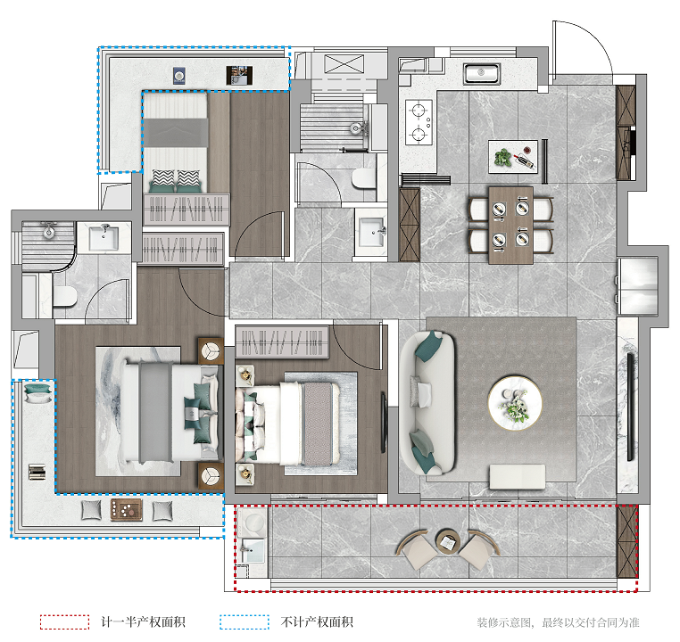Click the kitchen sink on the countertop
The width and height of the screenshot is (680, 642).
[x=481, y=74]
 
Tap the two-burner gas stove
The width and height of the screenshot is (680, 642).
[x=419, y=122]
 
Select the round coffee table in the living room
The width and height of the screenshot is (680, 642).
[x=515, y=403]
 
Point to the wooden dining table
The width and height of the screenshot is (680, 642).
[x=510, y=226]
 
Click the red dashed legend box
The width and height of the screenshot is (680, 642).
[x=64, y=622]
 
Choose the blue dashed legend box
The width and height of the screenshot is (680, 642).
[x=245, y=622]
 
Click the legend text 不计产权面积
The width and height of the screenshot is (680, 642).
[x=317, y=622]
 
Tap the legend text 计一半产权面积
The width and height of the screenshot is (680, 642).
[x=143, y=622]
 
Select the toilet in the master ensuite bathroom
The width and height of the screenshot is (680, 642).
[x=64, y=296]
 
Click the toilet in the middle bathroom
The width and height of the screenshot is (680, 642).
[x=363, y=179]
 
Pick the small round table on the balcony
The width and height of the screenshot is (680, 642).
[x=448, y=540]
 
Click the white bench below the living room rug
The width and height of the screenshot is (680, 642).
[x=518, y=476]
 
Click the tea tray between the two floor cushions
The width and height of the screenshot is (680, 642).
[x=126, y=510]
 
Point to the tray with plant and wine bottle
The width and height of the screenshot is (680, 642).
[x=513, y=157]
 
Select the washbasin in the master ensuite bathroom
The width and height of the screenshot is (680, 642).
[x=104, y=238]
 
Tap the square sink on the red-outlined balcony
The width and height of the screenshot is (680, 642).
[x=253, y=550]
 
